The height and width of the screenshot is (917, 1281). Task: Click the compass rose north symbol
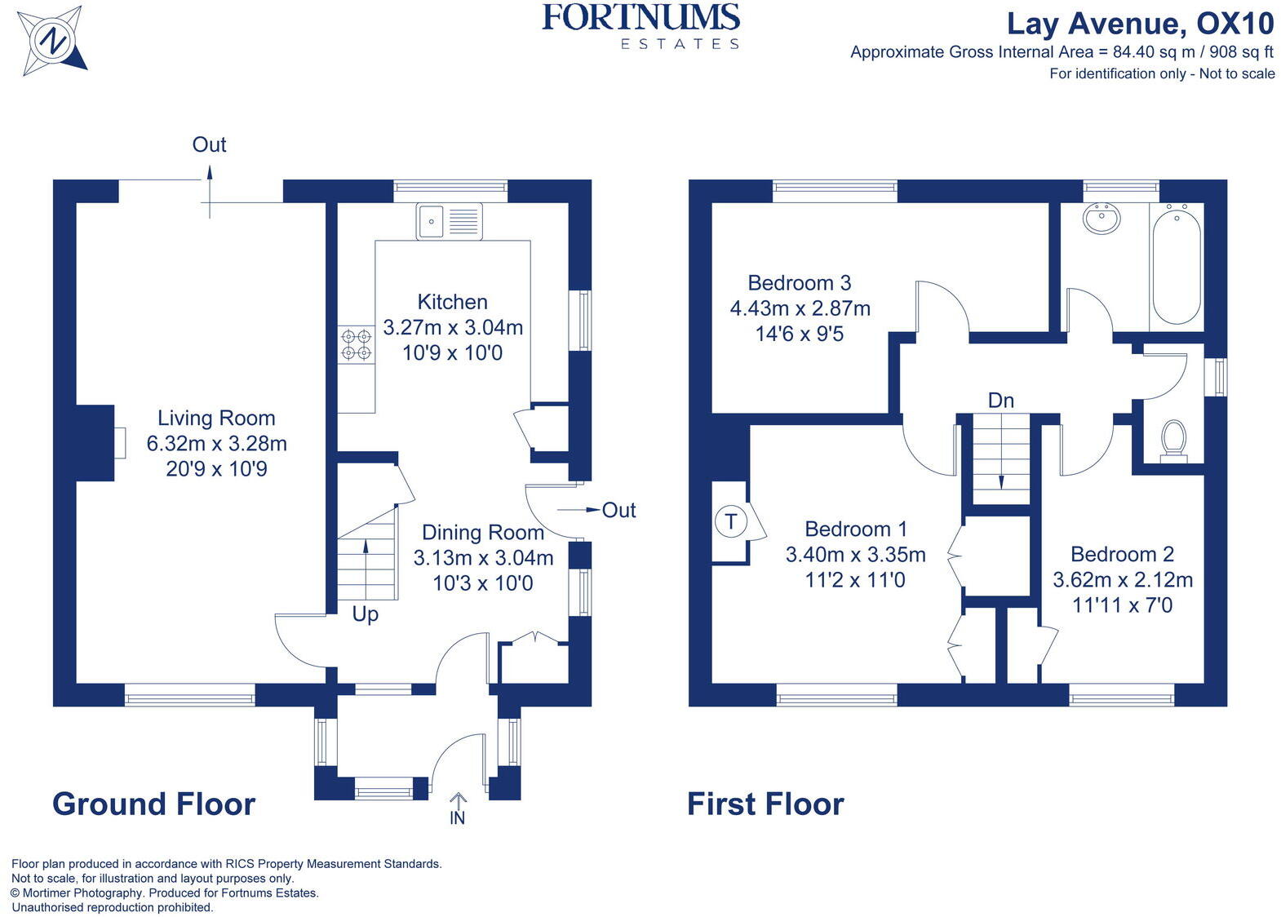coord(52,41)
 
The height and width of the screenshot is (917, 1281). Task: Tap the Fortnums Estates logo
coord(641,26)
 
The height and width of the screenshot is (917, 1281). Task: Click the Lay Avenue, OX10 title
coord(1141,24)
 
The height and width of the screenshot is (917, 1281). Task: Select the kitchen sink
coord(449,221)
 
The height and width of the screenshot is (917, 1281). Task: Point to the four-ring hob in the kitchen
coord(357,345)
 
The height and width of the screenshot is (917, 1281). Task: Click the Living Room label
coord(217,418)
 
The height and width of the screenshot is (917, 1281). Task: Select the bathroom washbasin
coord(1101,219)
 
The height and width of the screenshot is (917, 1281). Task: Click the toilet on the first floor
coord(1174,441)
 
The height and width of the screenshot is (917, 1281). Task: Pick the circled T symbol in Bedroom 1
coord(730,521)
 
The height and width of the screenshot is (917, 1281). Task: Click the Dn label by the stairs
coord(1001,401)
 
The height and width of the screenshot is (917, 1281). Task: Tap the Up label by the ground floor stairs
coord(365,614)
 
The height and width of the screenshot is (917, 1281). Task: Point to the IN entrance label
coord(457,818)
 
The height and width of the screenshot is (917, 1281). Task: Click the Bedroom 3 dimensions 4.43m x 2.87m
coord(800,308)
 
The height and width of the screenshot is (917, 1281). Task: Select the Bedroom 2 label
coord(1122,554)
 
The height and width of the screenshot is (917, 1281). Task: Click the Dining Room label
coord(483,532)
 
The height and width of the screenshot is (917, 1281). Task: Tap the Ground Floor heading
coord(154,804)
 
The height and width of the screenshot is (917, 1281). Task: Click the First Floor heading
coord(765,804)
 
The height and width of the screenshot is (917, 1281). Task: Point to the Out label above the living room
coord(210,144)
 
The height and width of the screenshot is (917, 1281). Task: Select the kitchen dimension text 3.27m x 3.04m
coord(453,328)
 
